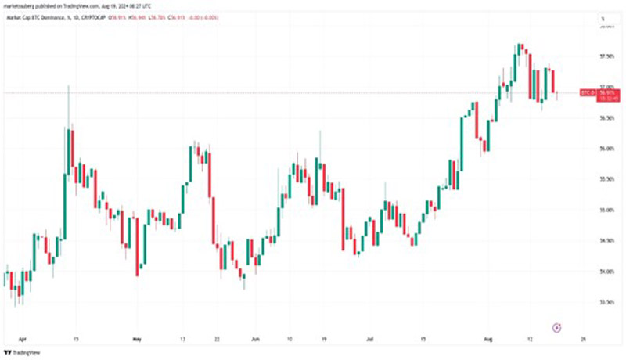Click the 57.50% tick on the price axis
pyautogui.click(x=606, y=56)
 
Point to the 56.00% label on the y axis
pyautogui.click(x=606, y=148)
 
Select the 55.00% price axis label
pyautogui.click(x=606, y=210)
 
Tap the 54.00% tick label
pyautogui.click(x=606, y=272)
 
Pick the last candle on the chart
pyautogui.click(x=556, y=95)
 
